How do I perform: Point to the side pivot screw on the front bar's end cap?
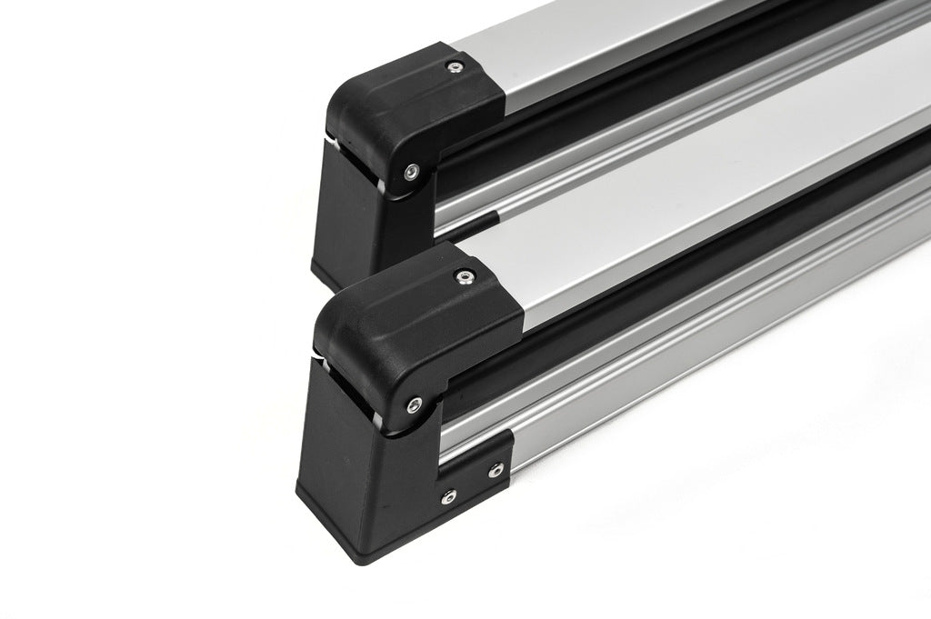click(415, 404)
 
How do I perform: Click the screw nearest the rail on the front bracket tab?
click(495, 469)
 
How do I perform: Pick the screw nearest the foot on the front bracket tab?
click(447, 495)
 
